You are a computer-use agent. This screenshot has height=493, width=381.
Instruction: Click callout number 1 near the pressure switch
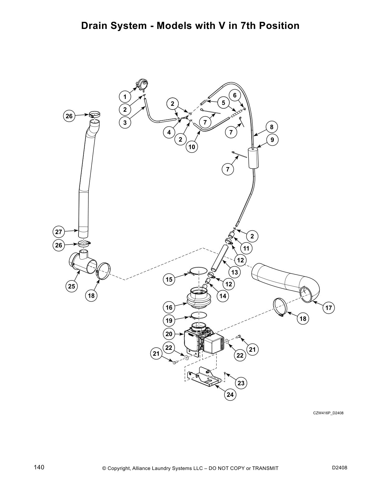(125, 97)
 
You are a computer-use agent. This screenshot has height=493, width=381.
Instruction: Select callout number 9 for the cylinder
(272, 140)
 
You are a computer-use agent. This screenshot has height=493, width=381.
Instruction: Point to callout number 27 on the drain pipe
(59, 232)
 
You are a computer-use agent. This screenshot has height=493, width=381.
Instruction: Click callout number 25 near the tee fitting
(72, 286)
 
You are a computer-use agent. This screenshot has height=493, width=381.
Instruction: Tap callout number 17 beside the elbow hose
(329, 308)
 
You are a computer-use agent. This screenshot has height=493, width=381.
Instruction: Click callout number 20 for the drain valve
(169, 334)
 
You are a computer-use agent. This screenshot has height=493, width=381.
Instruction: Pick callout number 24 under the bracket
(230, 395)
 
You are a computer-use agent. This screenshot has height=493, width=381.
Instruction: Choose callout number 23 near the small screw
(241, 383)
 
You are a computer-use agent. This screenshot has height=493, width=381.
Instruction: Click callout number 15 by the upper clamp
(169, 279)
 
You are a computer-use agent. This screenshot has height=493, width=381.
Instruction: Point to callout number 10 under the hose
(192, 147)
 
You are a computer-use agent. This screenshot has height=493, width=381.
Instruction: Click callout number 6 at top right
(235, 95)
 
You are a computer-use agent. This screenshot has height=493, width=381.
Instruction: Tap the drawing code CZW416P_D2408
(328, 413)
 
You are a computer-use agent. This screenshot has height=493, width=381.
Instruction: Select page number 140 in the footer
(39, 467)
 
